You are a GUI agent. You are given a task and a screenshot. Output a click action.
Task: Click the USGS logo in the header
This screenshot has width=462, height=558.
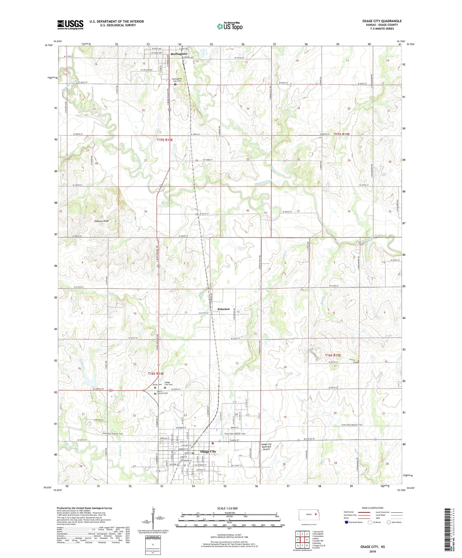[70, 25]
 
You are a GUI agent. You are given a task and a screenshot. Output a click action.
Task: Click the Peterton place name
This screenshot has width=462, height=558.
[224, 309]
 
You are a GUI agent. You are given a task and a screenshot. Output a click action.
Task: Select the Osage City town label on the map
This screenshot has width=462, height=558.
[208, 452]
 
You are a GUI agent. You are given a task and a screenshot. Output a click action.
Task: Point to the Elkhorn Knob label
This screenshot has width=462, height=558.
[99, 221]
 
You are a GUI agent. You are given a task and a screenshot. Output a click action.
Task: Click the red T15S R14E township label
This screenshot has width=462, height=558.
[165, 140]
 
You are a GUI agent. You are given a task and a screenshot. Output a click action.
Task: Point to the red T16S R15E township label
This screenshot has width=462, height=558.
[333, 355]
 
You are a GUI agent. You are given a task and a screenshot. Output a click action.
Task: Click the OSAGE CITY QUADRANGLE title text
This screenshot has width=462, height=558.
[382, 21]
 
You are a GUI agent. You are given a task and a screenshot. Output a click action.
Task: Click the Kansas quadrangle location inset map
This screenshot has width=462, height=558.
[307, 514]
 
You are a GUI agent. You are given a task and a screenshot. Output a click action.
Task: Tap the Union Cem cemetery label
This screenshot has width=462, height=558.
[157, 385]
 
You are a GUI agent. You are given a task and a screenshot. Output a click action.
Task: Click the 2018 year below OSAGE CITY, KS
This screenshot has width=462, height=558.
[373, 551]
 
